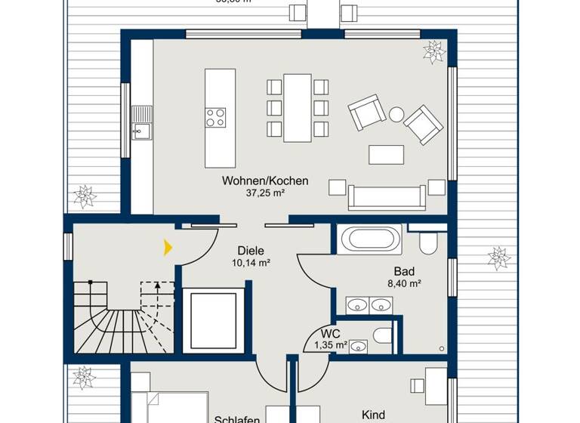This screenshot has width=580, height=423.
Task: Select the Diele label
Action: pyautogui.click(x=251, y=251)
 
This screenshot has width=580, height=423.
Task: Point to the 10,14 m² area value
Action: pyautogui.click(x=251, y=264)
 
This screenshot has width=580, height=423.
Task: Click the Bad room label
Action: pyautogui.click(x=403, y=271)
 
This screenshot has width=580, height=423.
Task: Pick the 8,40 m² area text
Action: pyautogui.click(x=403, y=284)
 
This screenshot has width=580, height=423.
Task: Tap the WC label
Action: pyautogui.click(x=330, y=333)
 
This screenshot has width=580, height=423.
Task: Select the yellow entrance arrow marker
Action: pyautogui.click(x=168, y=247)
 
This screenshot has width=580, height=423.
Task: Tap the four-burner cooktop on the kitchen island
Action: pyautogui.click(x=215, y=118)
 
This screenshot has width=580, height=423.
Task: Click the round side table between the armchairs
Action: pyautogui.click(x=396, y=115)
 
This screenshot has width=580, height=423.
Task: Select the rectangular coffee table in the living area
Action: pyautogui.click(x=386, y=154)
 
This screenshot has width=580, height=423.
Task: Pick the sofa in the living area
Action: pyautogui.click(x=387, y=196)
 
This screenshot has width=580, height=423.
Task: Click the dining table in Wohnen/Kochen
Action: pyautogui.click(x=298, y=107)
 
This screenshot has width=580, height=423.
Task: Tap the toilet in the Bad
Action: pyautogui.click(x=428, y=242)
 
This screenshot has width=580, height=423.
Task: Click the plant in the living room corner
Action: pyautogui.click(x=434, y=51)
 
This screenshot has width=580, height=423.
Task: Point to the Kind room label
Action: pyautogui.click(x=374, y=415)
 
